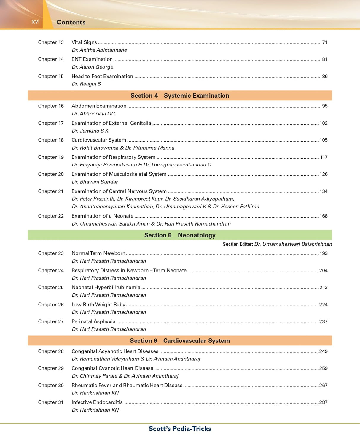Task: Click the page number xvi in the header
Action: click(x=35, y=22)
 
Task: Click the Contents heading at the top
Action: click(x=71, y=22)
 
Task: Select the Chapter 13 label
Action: click(x=51, y=42)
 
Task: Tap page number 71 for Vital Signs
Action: click(x=325, y=42)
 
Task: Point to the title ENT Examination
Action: click(x=92, y=59)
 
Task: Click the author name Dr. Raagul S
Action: click(x=86, y=84)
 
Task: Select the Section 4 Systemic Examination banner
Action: click(x=180, y=96)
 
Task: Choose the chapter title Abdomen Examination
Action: click(x=99, y=106)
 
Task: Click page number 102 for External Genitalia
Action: click(x=323, y=123)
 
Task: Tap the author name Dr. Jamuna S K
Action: click(x=90, y=131)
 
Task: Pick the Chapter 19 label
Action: click(x=51, y=157)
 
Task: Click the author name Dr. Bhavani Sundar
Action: click(x=95, y=182)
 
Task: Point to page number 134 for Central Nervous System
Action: click(x=323, y=191)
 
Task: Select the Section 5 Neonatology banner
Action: click(x=180, y=235)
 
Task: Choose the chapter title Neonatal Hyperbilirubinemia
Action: click(x=106, y=287)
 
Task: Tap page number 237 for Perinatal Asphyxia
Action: click(x=323, y=321)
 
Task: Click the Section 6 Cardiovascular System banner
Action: click(x=180, y=341)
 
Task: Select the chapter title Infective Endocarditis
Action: click(x=97, y=402)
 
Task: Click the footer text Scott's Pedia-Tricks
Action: click(x=180, y=429)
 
